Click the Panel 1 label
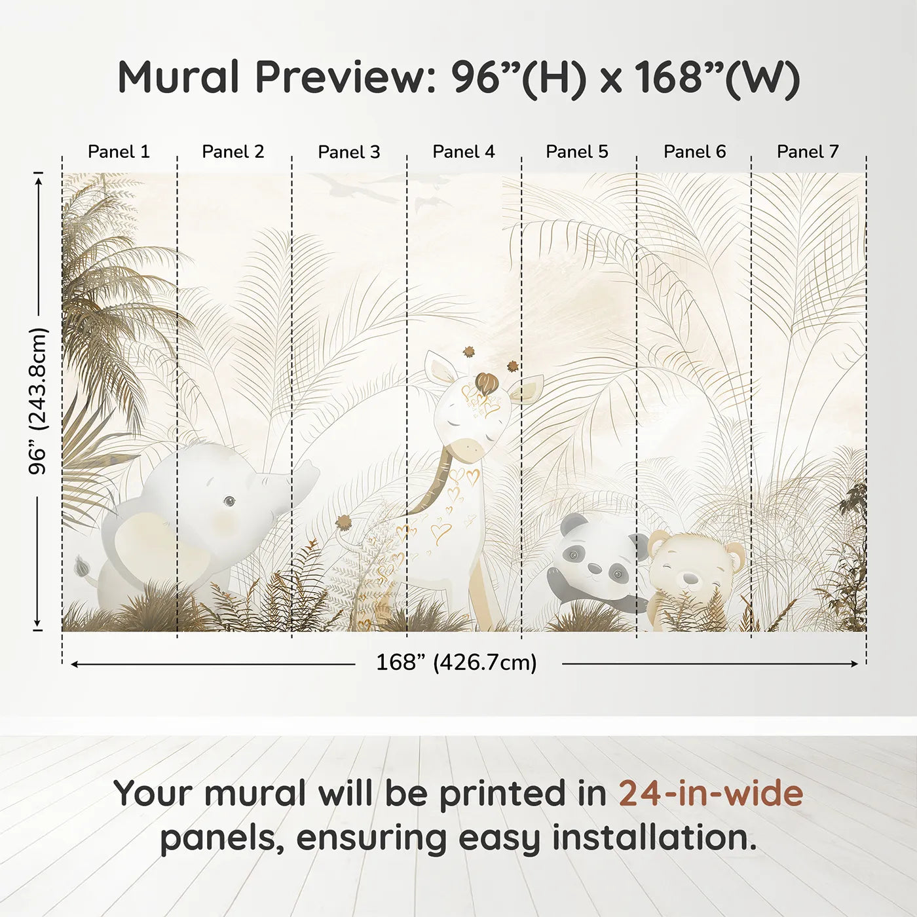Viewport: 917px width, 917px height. (119, 152)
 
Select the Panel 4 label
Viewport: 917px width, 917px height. (464, 152)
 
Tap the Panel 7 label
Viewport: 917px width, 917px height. (808, 152)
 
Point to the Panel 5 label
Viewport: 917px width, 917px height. (577, 152)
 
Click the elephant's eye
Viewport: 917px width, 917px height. (229, 502)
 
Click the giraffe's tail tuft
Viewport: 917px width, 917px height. (344, 522)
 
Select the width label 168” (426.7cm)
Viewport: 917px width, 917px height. (457, 663)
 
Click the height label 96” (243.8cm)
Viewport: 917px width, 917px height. (39, 401)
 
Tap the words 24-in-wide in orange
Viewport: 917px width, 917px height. (711, 794)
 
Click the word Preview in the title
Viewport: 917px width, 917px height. (341, 77)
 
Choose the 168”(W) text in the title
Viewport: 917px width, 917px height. (717, 77)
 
